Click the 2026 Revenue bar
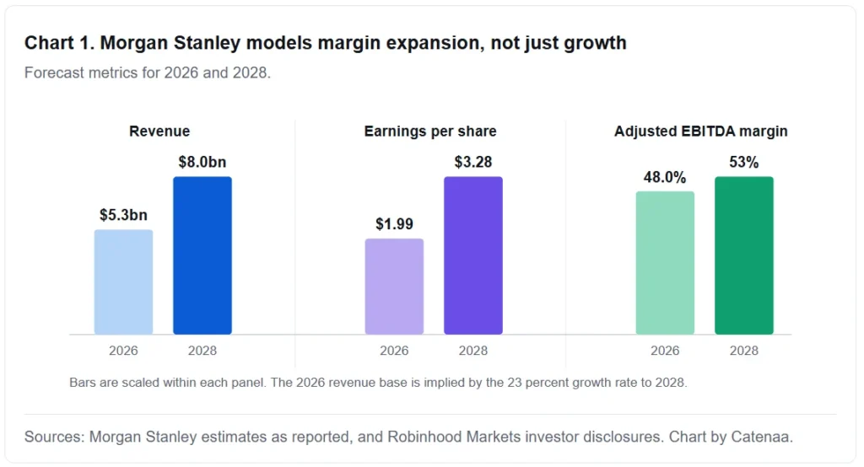[123, 282]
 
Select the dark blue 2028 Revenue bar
[202, 255]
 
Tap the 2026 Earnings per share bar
[394, 287]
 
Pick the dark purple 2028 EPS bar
[473, 255]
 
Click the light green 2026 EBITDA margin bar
[665, 263]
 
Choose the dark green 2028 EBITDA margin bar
[744, 255]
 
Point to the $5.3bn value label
[123, 215]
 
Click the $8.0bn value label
[202, 162]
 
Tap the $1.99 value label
[394, 223]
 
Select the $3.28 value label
[473, 162]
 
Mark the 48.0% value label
[665, 177]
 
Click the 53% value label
[744, 162]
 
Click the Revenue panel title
[159, 131]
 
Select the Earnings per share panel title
[430, 131]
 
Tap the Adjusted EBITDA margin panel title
[701, 131]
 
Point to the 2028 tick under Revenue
[202, 351]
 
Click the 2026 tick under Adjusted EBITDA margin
[665, 351]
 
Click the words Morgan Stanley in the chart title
[170, 43]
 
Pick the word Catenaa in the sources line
[762, 437]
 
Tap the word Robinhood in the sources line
[424, 437]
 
